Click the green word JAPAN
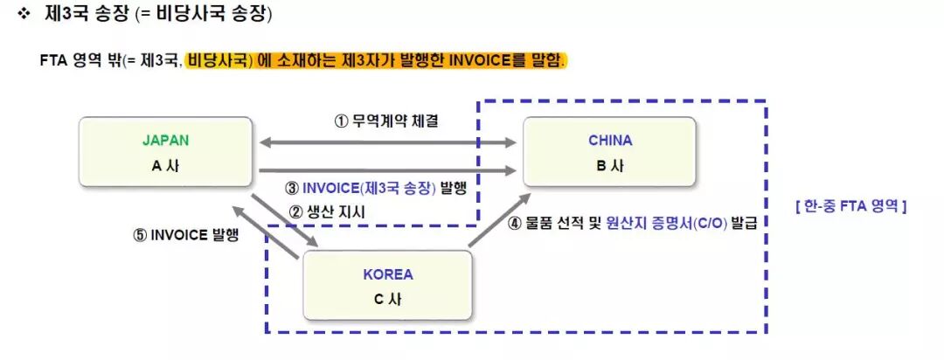165,140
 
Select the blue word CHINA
609,140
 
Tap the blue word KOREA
387,274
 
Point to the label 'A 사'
165,166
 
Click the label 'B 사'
609,166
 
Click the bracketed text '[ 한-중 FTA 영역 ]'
850,206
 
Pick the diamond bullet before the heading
24,15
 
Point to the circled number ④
516,223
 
